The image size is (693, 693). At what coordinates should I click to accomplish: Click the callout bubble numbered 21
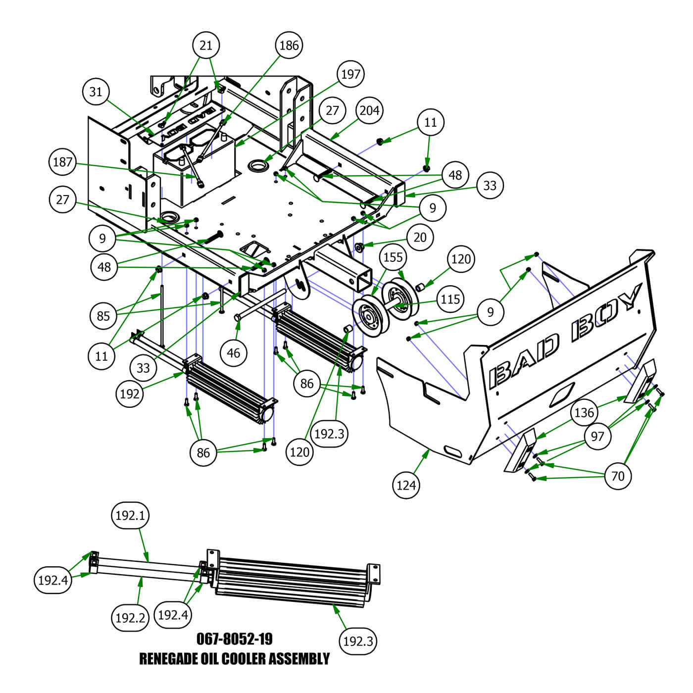[206, 45]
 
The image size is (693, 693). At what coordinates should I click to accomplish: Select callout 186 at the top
[289, 45]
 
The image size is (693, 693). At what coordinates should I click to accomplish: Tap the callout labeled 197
[351, 74]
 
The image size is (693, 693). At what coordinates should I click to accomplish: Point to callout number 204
[370, 110]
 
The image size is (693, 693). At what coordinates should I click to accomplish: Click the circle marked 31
[96, 92]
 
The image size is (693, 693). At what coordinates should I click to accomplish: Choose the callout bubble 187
[62, 162]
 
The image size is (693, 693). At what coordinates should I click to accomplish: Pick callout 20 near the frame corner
[420, 238]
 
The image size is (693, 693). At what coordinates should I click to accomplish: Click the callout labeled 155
[393, 257]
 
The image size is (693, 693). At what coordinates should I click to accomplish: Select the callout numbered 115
[450, 299]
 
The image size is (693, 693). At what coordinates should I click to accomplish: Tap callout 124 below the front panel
[406, 485]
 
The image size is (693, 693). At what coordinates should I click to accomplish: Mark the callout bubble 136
[584, 412]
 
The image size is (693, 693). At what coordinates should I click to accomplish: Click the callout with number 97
[597, 436]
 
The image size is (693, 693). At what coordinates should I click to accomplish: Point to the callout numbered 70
[618, 476]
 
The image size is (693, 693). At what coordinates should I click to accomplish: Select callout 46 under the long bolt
[233, 353]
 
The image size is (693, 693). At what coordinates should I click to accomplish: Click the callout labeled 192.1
[130, 515]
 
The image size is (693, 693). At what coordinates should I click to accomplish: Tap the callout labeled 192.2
[130, 618]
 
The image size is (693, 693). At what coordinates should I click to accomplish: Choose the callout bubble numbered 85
[103, 315]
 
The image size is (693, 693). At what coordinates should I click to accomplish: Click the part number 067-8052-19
[235, 639]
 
